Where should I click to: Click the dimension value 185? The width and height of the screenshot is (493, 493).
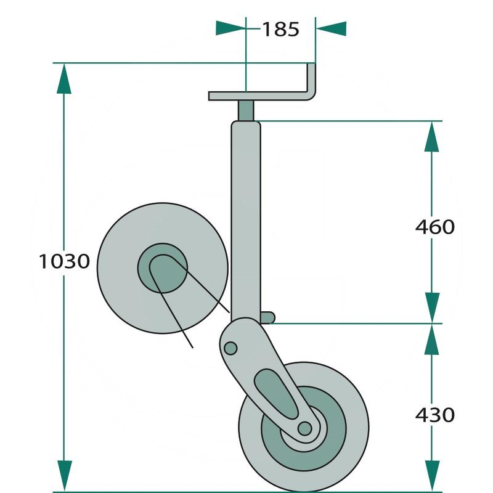click(x=280, y=29)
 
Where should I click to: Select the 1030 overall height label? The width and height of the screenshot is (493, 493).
click(x=65, y=261)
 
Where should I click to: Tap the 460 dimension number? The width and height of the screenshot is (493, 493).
click(x=434, y=227)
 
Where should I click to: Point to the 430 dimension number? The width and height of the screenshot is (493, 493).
click(x=434, y=414)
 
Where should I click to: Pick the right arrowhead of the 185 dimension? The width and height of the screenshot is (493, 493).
click(x=331, y=29)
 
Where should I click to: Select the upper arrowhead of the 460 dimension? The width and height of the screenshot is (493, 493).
click(x=433, y=136)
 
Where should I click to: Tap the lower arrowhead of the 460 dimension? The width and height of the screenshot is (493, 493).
click(x=433, y=307)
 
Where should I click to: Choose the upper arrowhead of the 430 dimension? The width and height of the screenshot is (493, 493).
click(x=433, y=338)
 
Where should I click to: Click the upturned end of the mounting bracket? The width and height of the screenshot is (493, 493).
click(x=312, y=79)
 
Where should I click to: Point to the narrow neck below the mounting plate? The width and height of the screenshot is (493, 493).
click(x=246, y=111)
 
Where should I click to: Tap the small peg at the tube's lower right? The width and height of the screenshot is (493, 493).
click(x=267, y=317)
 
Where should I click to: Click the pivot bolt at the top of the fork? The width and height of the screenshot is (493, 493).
click(x=230, y=349)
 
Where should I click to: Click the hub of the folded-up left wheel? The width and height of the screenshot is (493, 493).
click(x=162, y=267)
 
